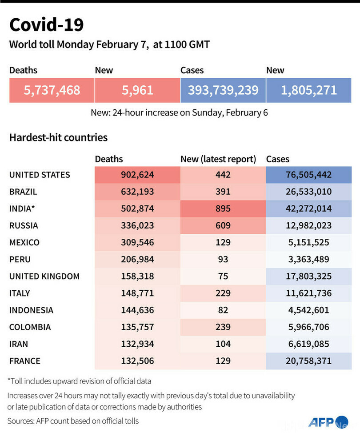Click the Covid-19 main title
pyautogui.click(x=46, y=25)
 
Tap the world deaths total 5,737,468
pyautogui.click(x=52, y=90)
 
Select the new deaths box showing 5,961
pyautogui.click(x=137, y=90)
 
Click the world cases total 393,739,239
pyautogui.click(x=223, y=90)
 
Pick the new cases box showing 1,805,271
pyautogui.click(x=308, y=90)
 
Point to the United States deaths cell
pyautogui.click(x=137, y=175)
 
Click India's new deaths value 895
pyautogui.click(x=223, y=209)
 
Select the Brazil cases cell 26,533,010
pyautogui.click(x=308, y=192)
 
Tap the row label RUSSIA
pyautogui.click(x=24, y=225)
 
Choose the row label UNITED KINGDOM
pyautogui.click(x=44, y=276)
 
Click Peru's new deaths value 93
pyautogui.click(x=223, y=259)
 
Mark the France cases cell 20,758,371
pyautogui.click(x=308, y=361)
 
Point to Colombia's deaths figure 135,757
pyautogui.click(x=137, y=327)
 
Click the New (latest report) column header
pyautogui.click(x=218, y=159)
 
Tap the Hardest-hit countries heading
pyautogui.click(x=58, y=137)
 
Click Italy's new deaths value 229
pyautogui.click(x=223, y=293)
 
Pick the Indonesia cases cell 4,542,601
pyautogui.click(x=308, y=310)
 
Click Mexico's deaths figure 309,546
pyautogui.click(x=137, y=242)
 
